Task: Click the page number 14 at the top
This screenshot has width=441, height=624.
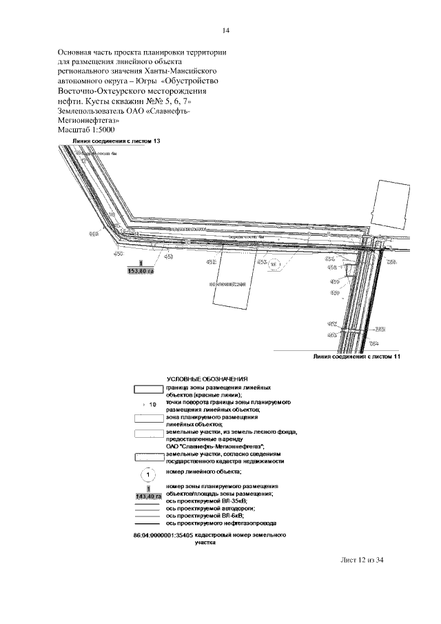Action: [225, 30]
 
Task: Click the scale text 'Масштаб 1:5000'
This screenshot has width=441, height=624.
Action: [86, 129]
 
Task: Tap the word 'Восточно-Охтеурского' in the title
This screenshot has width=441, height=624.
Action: [104, 90]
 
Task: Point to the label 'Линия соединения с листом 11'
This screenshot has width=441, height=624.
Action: [356, 357]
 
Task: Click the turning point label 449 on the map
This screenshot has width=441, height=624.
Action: [94, 234]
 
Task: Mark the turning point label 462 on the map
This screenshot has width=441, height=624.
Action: [331, 323]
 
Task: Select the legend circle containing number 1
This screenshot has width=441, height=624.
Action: [149, 474]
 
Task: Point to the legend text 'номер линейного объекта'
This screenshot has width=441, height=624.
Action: [204, 472]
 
